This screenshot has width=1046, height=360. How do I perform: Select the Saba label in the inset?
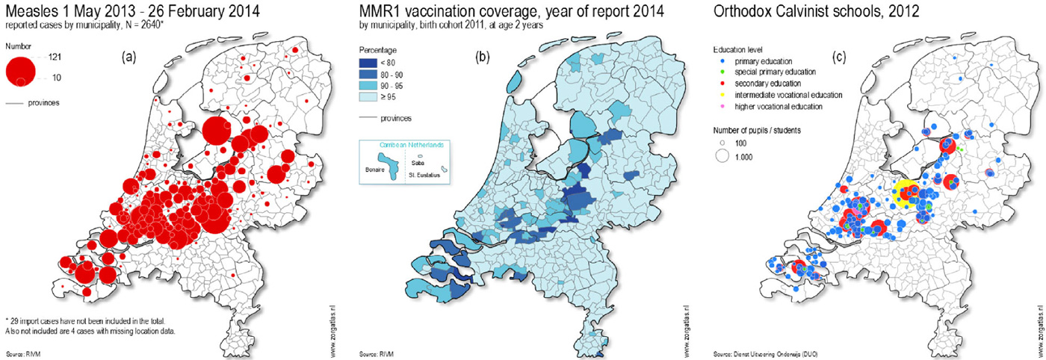click(x=418, y=161)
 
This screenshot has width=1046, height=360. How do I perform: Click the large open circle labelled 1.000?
click(x=722, y=157)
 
